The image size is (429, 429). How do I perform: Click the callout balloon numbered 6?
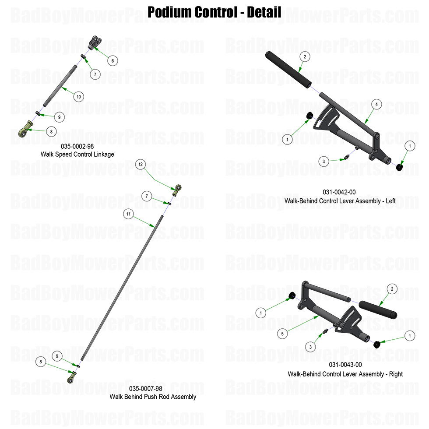(112, 61)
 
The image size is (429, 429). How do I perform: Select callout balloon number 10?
(78, 97)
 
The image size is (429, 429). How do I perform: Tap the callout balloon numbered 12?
(140, 164)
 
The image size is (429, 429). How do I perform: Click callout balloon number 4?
(376, 104)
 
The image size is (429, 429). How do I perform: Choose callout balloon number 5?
(282, 334)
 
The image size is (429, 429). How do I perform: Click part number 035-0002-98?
(77, 147)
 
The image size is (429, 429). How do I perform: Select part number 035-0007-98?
(146, 389)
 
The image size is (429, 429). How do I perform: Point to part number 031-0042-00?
(339, 192)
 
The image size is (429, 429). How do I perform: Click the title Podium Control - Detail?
(214, 12)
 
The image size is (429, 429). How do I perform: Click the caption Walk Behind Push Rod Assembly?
(153, 397)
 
